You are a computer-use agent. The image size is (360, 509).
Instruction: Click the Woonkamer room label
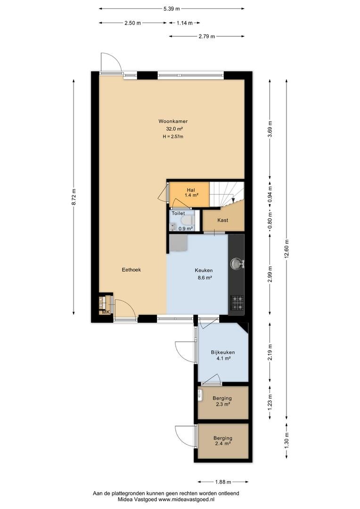(173, 122)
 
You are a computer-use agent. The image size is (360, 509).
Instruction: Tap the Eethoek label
(131, 270)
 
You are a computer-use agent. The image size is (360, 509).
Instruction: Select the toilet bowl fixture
(186, 221)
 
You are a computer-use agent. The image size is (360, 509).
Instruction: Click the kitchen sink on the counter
(237, 263)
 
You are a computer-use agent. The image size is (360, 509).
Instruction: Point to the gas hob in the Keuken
(237, 303)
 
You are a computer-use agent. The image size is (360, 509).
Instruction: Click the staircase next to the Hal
(227, 194)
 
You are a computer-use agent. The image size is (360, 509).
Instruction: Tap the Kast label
(223, 220)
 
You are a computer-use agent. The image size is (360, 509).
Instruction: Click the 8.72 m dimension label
(74, 197)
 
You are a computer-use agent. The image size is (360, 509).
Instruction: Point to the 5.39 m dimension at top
(172, 9)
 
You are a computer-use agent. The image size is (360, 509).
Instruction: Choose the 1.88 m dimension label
(223, 482)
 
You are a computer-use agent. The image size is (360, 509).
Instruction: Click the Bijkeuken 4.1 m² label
(223, 355)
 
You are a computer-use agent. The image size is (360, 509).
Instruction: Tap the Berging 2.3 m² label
(222, 401)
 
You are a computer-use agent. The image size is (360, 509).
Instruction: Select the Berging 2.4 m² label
(223, 441)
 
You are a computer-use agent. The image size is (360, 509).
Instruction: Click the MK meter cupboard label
(106, 312)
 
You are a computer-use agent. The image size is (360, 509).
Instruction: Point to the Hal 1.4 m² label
(191, 192)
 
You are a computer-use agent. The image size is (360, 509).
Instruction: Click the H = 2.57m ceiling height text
(173, 137)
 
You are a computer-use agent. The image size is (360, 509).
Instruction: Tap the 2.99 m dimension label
(270, 274)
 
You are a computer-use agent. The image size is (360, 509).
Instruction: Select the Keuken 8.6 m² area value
(205, 278)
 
